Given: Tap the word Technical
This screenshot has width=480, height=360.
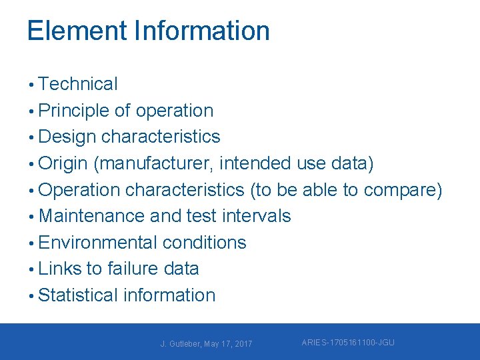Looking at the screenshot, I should [x=78, y=84].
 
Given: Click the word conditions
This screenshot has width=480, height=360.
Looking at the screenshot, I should [x=204, y=243].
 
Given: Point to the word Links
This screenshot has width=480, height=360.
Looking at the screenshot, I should [x=60, y=269].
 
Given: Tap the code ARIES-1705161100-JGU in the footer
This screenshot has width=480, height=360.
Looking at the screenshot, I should [x=348, y=343].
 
